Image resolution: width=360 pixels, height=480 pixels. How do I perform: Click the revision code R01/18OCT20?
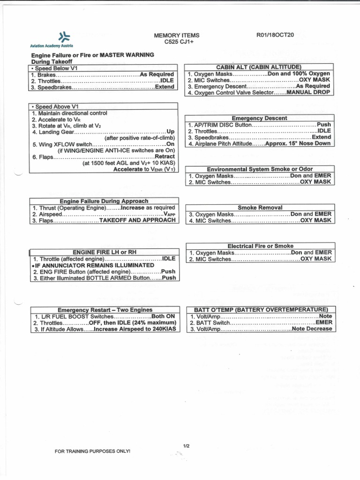275,35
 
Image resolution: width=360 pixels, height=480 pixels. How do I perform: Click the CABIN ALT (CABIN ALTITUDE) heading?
259,67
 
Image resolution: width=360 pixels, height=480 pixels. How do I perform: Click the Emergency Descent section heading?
259,118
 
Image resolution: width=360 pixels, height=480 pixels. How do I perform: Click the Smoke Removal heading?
260,207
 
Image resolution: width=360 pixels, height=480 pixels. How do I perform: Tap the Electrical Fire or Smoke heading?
260,246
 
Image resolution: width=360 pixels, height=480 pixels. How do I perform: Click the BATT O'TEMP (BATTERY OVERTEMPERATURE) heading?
260,309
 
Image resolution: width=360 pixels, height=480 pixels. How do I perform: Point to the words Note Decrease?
311,329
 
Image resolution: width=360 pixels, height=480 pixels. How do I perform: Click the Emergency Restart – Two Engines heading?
105,310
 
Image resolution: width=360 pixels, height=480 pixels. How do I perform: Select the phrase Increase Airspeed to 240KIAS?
135,329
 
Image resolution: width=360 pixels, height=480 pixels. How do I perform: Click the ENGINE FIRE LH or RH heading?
104,252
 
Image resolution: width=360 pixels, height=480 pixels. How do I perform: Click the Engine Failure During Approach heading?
104,201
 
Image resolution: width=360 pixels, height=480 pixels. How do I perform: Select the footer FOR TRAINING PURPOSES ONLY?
92,451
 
